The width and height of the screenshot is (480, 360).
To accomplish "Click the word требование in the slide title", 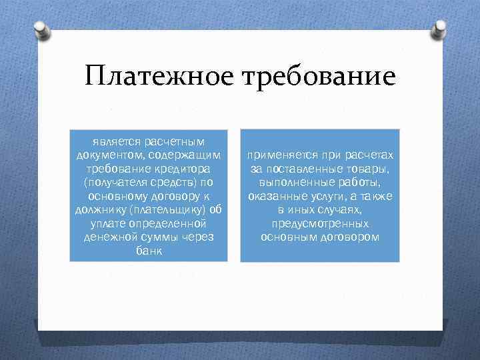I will pyautogui.click(x=320, y=75).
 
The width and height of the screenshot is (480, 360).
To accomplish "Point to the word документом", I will pyautogui.click(x=105, y=154).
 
